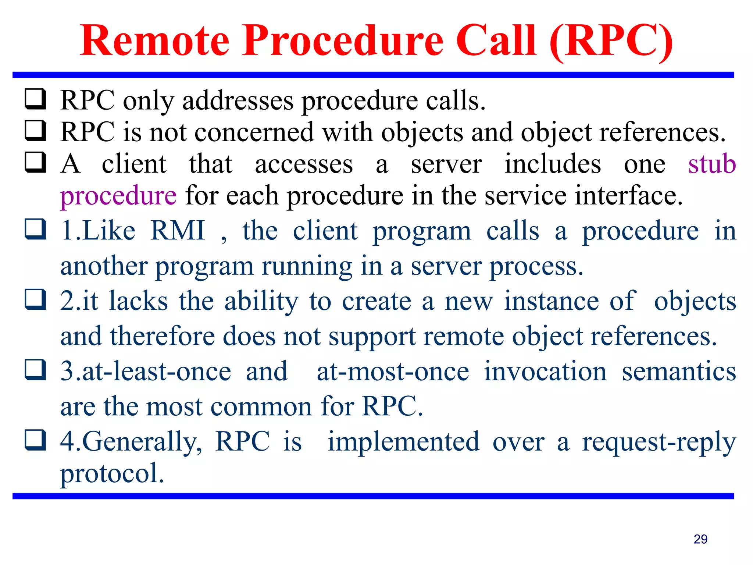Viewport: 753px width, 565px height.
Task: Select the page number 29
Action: click(x=700, y=539)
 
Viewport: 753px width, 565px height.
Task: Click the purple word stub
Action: click(x=712, y=164)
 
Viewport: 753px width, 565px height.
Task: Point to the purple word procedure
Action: click(x=118, y=196)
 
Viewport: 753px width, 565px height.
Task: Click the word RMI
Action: click(x=178, y=231)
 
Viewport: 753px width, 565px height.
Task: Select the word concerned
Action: click(x=254, y=132)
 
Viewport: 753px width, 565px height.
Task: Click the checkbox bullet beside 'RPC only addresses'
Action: click(x=35, y=99)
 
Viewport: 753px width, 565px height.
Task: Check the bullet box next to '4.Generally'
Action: click(x=35, y=440)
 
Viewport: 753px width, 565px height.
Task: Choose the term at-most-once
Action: click(x=393, y=371)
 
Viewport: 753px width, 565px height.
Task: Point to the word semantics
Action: click(x=679, y=371)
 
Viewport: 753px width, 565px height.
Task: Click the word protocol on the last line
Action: click(x=112, y=473)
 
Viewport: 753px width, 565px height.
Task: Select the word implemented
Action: click(x=403, y=441)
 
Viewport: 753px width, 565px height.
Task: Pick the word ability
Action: click(x=261, y=301)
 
